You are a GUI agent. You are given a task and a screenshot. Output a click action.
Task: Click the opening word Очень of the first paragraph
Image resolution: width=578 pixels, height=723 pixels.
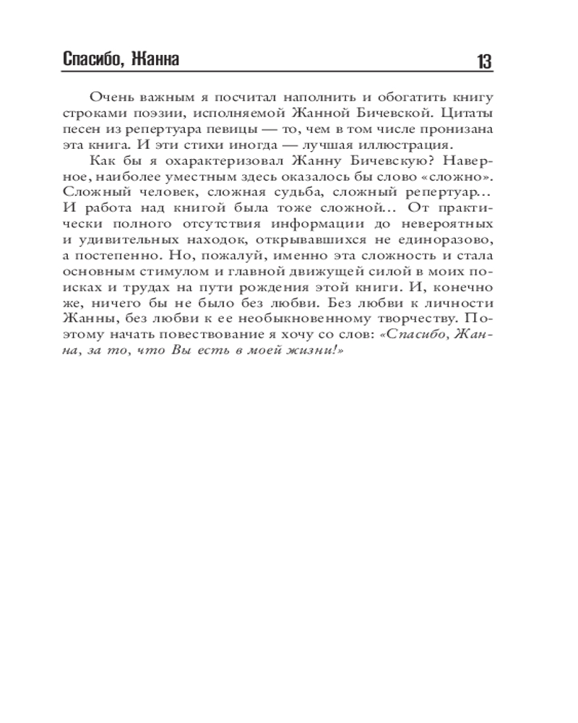point(110,98)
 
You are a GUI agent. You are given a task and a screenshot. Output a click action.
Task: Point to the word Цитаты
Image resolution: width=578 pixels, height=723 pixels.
point(465,113)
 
